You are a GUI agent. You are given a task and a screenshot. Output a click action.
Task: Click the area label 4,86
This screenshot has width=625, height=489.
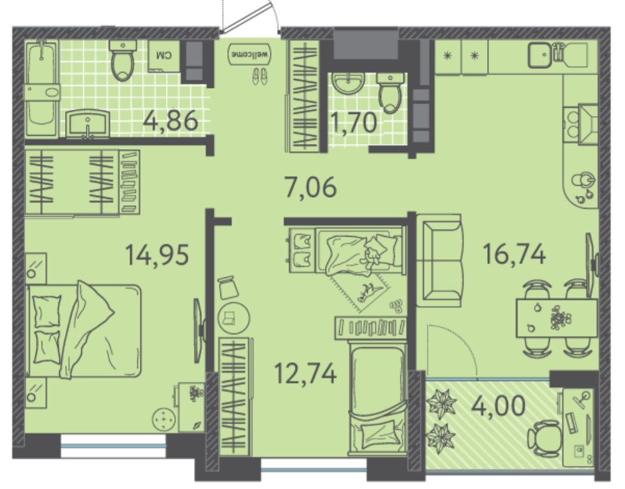[x=171, y=120]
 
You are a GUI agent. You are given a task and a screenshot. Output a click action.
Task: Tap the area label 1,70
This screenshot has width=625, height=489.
[x=354, y=122]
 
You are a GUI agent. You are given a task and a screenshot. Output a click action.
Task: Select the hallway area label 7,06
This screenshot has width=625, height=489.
[x=311, y=187]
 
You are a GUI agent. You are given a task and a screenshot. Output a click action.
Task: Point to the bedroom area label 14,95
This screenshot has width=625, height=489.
[x=157, y=254]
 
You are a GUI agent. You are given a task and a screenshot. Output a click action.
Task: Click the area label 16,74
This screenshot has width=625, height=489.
[x=514, y=254]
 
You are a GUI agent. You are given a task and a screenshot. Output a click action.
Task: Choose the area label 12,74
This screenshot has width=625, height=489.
[x=306, y=373]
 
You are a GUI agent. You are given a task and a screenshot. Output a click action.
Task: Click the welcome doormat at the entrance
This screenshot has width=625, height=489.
[x=250, y=55]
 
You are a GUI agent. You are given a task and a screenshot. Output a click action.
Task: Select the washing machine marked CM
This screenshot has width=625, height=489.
[x=164, y=55]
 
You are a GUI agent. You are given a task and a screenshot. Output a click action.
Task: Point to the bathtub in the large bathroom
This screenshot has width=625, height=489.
[x=42, y=89]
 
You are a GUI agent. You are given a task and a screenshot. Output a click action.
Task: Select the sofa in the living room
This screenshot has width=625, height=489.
[x=439, y=261]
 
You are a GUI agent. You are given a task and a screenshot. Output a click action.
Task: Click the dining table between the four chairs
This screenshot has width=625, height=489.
[x=556, y=318]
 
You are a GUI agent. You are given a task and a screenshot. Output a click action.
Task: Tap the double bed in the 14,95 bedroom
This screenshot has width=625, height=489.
[x=84, y=330]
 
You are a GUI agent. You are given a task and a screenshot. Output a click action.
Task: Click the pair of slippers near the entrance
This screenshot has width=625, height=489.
[x=260, y=76]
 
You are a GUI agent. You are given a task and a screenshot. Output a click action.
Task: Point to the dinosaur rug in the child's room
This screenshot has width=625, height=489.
[x=360, y=291]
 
